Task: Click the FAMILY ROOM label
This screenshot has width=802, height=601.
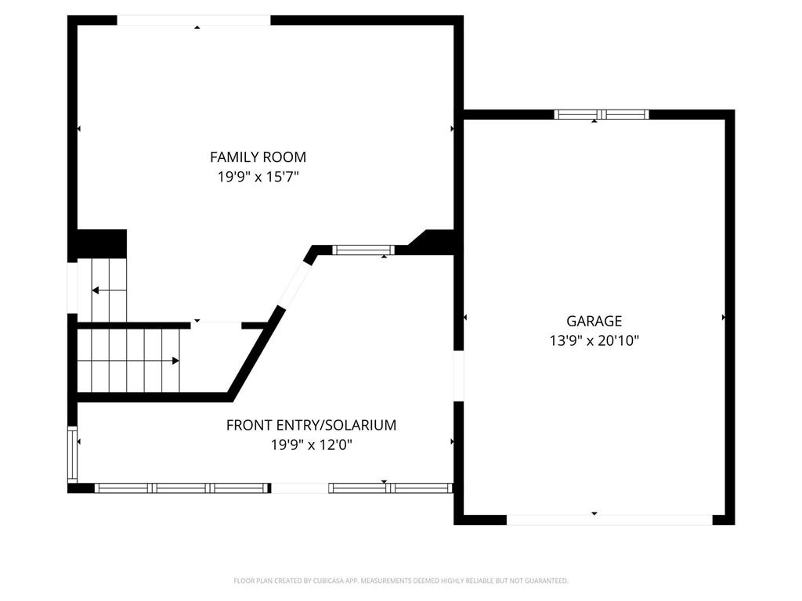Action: click(258, 157)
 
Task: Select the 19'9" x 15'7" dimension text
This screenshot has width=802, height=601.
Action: click(258, 177)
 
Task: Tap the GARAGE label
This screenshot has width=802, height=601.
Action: click(594, 321)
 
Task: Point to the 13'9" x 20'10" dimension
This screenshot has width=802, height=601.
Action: click(594, 340)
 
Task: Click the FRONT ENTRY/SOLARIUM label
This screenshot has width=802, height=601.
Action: click(311, 426)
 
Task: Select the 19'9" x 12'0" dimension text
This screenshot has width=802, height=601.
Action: click(311, 445)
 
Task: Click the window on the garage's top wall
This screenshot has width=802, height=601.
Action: click(601, 114)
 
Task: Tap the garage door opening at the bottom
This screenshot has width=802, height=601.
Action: click(609, 520)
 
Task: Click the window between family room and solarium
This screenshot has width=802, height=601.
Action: click(363, 250)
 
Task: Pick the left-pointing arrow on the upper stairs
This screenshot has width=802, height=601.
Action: click(96, 290)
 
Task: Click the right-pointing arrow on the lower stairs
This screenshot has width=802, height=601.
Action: click(175, 361)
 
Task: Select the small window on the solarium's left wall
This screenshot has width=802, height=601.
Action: click(73, 454)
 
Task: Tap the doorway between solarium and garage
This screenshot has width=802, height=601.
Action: click(459, 376)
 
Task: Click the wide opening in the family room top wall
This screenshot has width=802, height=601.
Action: click(193, 20)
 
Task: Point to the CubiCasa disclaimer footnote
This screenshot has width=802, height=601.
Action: click(401, 581)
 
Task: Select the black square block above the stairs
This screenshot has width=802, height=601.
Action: click(101, 243)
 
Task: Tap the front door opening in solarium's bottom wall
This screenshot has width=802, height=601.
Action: click(299, 488)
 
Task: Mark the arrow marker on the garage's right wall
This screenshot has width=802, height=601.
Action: click(723, 318)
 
